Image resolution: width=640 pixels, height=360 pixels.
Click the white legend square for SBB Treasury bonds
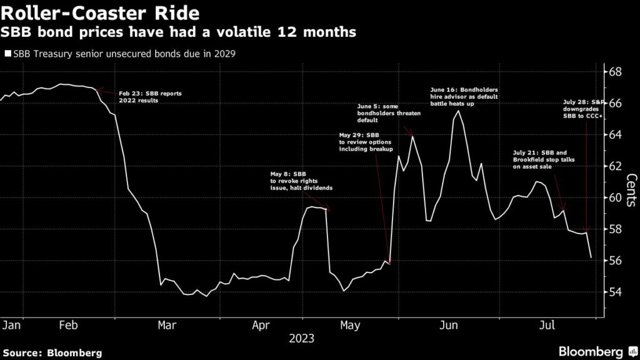pyautogui.click(x=7, y=53)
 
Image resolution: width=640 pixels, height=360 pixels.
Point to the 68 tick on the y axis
pyautogui.click(x=614, y=71)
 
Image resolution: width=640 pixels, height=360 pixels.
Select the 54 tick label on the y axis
pyautogui.click(x=614, y=292)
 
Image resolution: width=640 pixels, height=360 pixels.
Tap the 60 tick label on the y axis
pyautogui.click(x=614, y=197)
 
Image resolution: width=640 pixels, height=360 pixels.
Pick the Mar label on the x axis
pyautogui.click(x=166, y=326)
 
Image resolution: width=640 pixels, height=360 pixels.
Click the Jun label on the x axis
pyautogui.click(x=449, y=326)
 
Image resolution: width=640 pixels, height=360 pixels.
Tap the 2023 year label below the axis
pyautogui.click(x=301, y=339)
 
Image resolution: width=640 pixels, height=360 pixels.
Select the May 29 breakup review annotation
pyautogui.click(x=366, y=142)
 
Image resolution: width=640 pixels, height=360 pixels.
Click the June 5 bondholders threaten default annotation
pyautogui.click(x=389, y=114)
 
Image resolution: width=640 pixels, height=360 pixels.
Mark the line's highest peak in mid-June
pyautogui.click(x=459, y=111)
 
